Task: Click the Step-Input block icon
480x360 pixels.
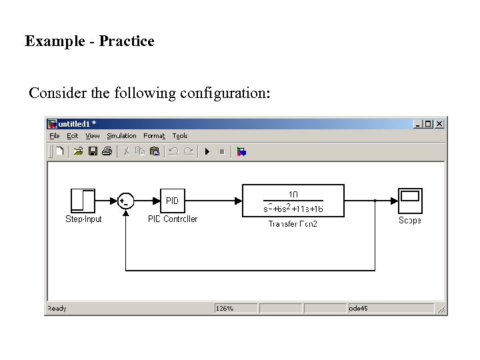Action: [83, 201]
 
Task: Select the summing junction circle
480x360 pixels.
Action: [125, 201]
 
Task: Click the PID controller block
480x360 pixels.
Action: [172, 201]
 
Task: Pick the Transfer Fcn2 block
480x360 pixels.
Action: [293, 201]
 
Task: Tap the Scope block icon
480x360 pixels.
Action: [410, 201]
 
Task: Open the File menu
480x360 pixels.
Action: [55, 136]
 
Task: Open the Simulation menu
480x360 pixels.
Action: [121, 136]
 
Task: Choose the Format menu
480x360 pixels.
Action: [154, 136]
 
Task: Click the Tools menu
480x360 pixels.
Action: [180, 136]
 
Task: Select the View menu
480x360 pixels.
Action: [92, 136]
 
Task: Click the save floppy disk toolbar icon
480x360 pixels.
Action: [93, 151]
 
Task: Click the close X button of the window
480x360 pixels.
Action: [439, 124]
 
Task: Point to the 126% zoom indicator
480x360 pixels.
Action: [225, 309]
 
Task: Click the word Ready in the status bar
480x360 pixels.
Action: [57, 309]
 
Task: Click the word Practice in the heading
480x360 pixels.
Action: [127, 41]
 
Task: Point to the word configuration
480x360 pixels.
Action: [225, 93]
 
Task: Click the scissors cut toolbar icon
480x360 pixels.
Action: [125, 151]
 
